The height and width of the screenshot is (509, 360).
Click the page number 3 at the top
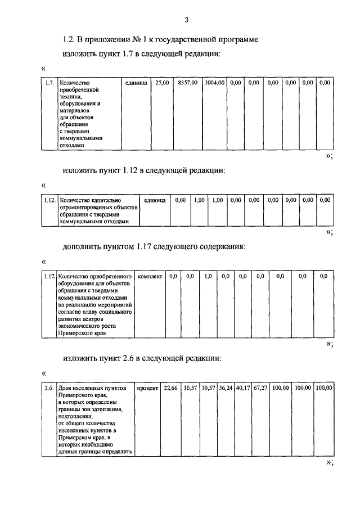(x=186, y=20)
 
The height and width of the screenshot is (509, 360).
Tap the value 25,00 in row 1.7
(x=162, y=83)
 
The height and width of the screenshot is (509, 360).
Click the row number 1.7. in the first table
(x=50, y=83)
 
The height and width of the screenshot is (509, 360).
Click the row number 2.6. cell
(x=49, y=388)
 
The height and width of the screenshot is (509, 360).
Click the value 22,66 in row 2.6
(x=170, y=388)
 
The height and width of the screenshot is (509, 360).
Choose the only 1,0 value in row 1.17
(x=208, y=276)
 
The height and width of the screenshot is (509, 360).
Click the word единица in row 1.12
(x=155, y=200)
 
